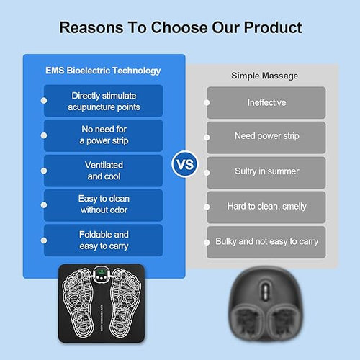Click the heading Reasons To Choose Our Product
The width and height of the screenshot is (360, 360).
180,28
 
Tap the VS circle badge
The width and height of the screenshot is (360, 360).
185,164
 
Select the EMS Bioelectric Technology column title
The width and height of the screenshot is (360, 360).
103,71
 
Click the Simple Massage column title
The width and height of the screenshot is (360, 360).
265,75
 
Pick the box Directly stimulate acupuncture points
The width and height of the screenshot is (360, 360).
104,102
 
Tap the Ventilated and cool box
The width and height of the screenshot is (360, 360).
104,171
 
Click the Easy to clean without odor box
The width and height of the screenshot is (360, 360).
104,205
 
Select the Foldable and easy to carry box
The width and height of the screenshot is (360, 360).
104,240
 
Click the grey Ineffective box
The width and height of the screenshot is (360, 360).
266,102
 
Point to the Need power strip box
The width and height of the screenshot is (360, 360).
266,137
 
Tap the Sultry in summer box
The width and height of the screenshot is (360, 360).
266,171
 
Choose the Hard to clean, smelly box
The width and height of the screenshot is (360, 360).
266,207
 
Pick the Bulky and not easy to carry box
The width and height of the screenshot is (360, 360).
266,241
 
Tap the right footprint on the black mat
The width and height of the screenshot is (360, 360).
124,306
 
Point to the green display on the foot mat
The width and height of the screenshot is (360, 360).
103,276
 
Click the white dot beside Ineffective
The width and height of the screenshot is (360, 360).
207,103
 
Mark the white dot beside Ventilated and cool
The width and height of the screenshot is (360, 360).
45,171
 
